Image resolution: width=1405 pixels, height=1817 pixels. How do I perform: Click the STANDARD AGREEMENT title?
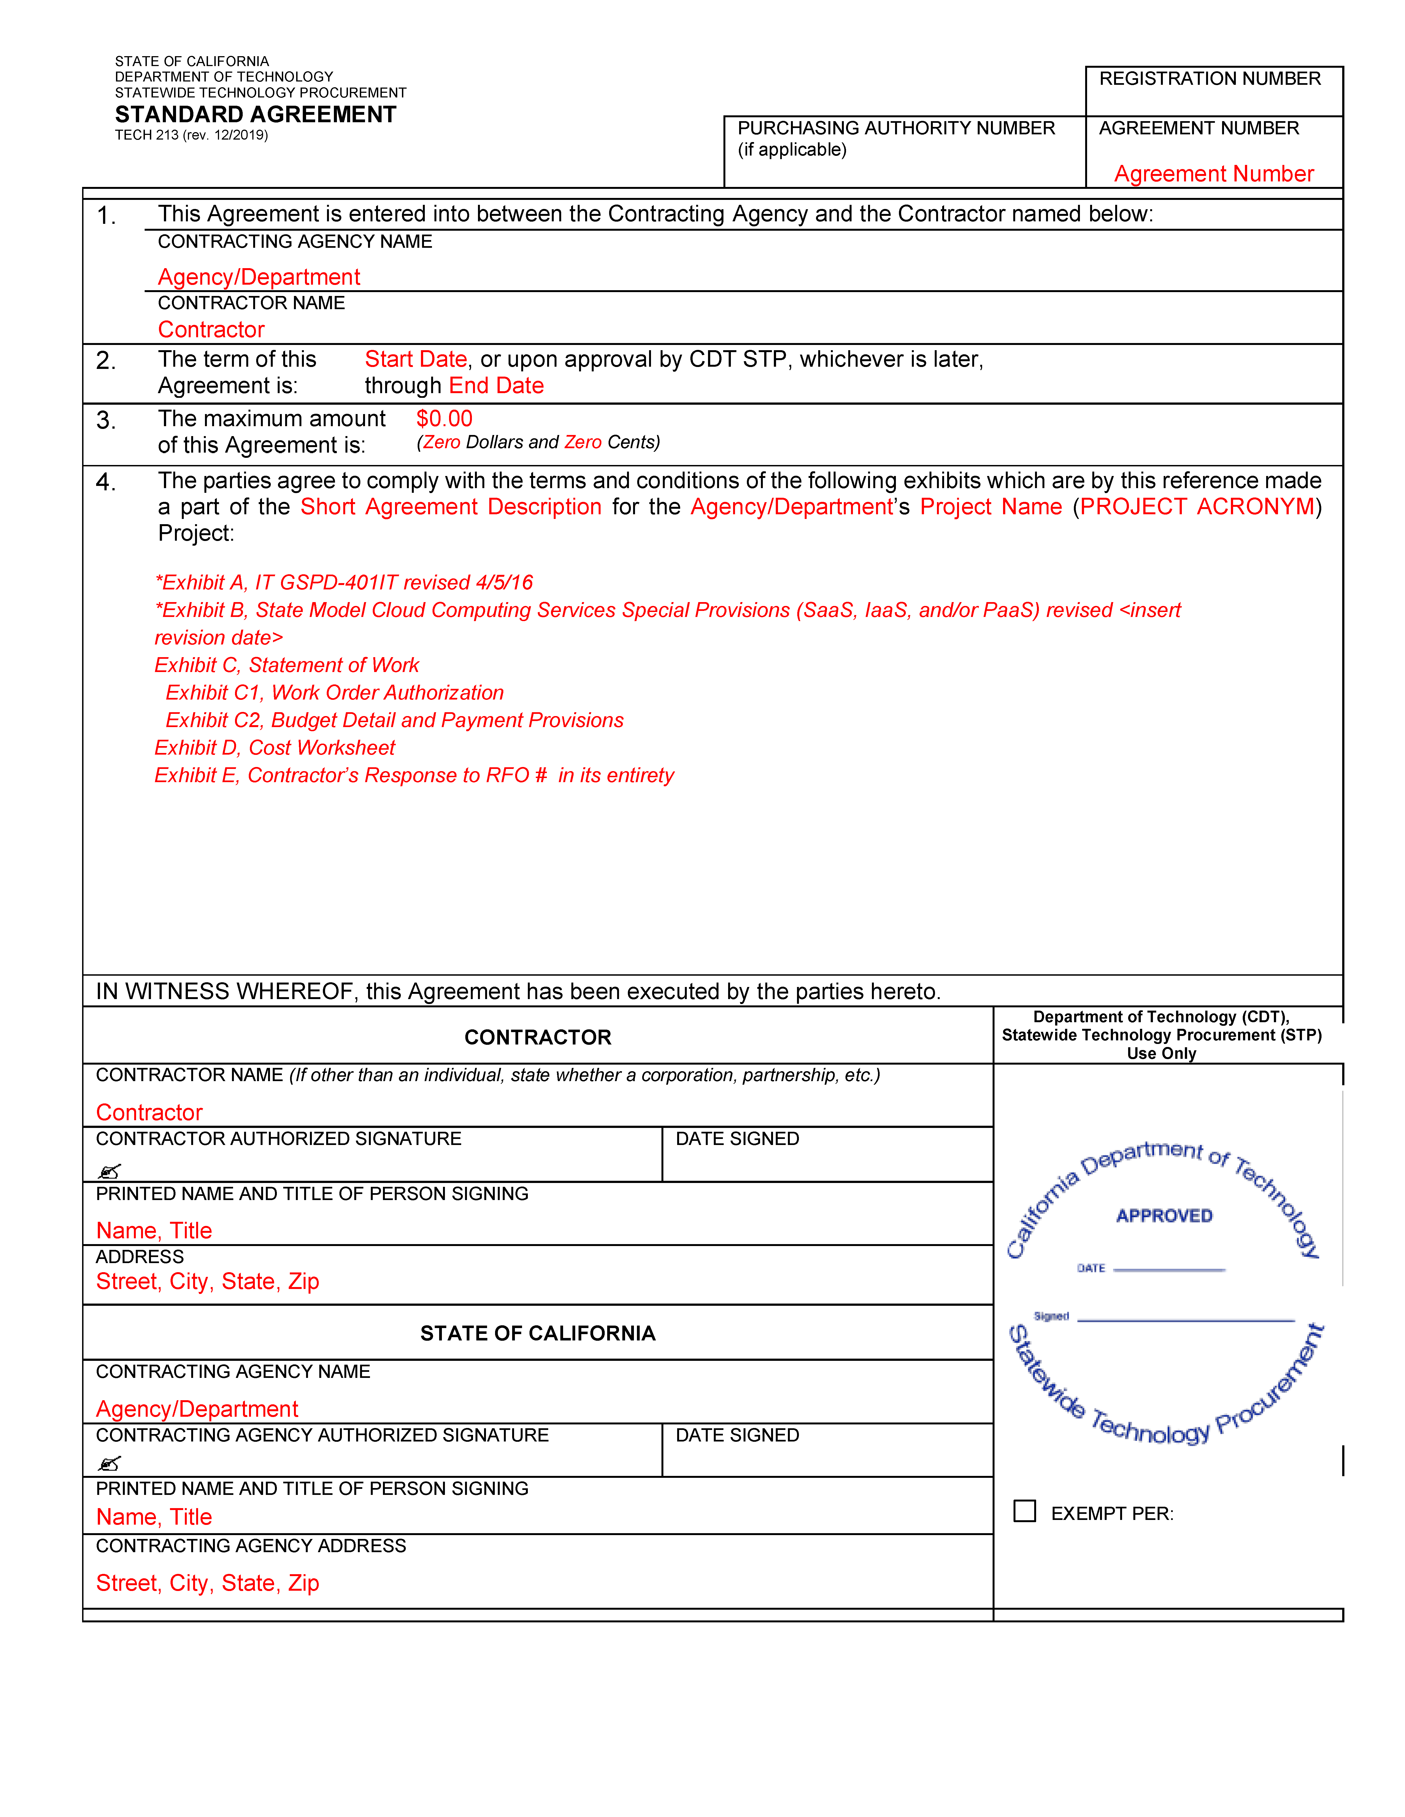(256, 115)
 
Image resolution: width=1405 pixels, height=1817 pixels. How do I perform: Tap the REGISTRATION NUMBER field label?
(1209, 79)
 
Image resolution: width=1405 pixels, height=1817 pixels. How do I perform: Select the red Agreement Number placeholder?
(1214, 174)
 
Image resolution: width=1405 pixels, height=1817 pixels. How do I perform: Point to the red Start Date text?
(415, 359)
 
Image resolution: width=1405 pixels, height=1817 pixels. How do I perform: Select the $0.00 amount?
(444, 418)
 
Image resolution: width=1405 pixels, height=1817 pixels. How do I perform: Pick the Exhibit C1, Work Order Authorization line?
(335, 693)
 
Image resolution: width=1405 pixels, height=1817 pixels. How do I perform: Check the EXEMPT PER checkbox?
(1025, 1511)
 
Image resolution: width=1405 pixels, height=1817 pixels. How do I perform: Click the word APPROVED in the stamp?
(1164, 1216)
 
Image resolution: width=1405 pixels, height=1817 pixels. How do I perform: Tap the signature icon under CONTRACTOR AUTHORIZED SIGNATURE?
(109, 1171)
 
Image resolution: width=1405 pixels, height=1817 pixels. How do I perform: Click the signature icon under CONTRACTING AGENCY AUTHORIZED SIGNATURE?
(109, 1464)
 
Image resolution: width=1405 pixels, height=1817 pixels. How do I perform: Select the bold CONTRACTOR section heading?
(538, 1037)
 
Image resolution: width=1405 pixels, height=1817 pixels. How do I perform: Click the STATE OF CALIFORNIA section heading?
(538, 1334)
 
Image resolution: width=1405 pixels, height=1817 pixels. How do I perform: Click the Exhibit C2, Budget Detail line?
(395, 720)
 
